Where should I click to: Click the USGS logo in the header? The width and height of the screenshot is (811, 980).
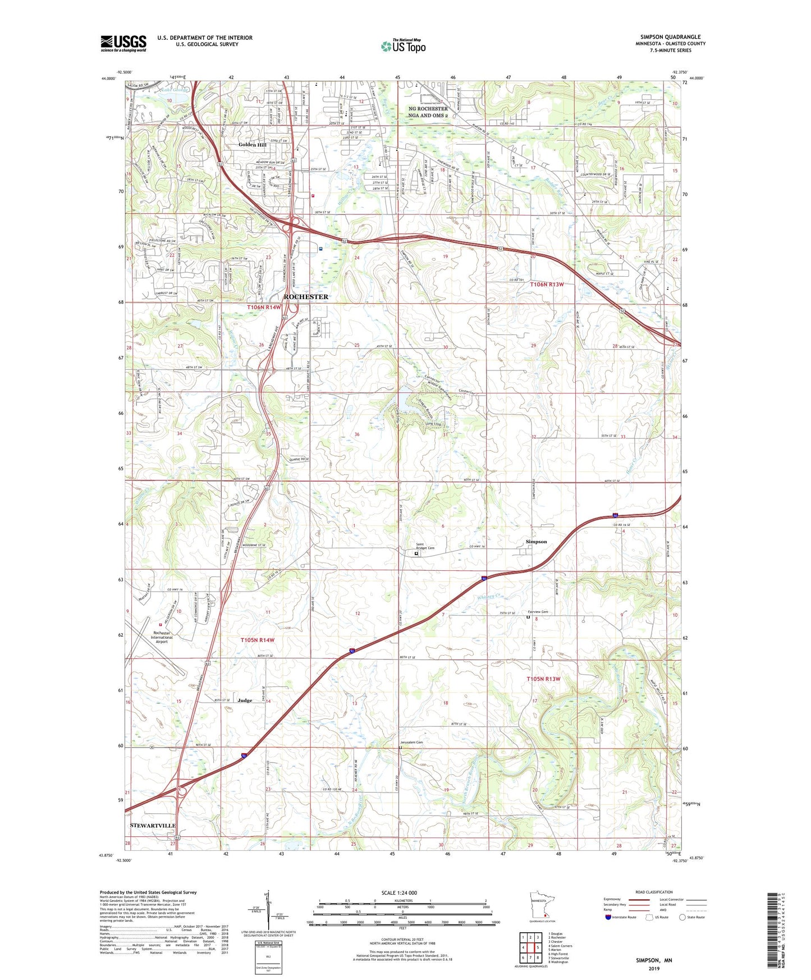[123, 43]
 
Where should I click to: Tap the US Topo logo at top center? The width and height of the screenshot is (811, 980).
[403, 45]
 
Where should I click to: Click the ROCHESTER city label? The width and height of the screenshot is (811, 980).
[306, 296]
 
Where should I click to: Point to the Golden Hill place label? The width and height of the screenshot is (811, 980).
[253, 145]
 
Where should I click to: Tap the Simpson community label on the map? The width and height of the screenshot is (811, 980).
[536, 542]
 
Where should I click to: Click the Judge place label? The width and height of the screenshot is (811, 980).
[245, 700]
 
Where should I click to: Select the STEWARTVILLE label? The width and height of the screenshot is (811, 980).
[153, 826]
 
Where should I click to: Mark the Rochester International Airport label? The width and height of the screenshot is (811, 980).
[162, 637]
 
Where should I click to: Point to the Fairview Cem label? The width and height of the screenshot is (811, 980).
[538, 612]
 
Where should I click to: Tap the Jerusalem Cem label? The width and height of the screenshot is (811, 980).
[411, 743]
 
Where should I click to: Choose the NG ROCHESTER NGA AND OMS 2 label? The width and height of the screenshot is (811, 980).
[428, 112]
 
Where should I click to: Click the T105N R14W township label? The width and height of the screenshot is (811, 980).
[258, 640]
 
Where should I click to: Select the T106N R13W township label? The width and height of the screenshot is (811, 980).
[547, 285]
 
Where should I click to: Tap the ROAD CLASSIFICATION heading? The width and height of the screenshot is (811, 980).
[653, 892]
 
